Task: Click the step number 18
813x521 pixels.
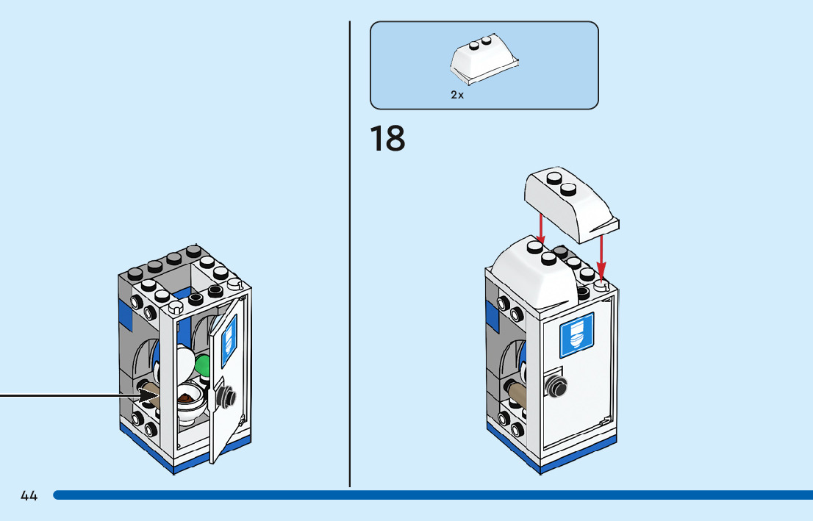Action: [387, 138]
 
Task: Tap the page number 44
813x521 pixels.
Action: [29, 495]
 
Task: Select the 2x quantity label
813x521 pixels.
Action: [457, 95]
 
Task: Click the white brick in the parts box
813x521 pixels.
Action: [484, 60]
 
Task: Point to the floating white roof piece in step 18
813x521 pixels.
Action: [571, 204]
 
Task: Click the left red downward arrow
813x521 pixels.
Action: [541, 229]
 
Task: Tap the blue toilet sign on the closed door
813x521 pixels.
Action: [576, 335]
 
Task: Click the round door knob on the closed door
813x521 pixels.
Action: [556, 385]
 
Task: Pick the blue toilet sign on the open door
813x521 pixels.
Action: [229, 342]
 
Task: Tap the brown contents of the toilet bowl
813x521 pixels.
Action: [186, 398]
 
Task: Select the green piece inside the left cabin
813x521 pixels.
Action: [203, 366]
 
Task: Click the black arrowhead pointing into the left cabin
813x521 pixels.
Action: [150, 397]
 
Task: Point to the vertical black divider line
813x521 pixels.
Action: [350, 254]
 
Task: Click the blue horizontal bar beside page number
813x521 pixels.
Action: [433, 495]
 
